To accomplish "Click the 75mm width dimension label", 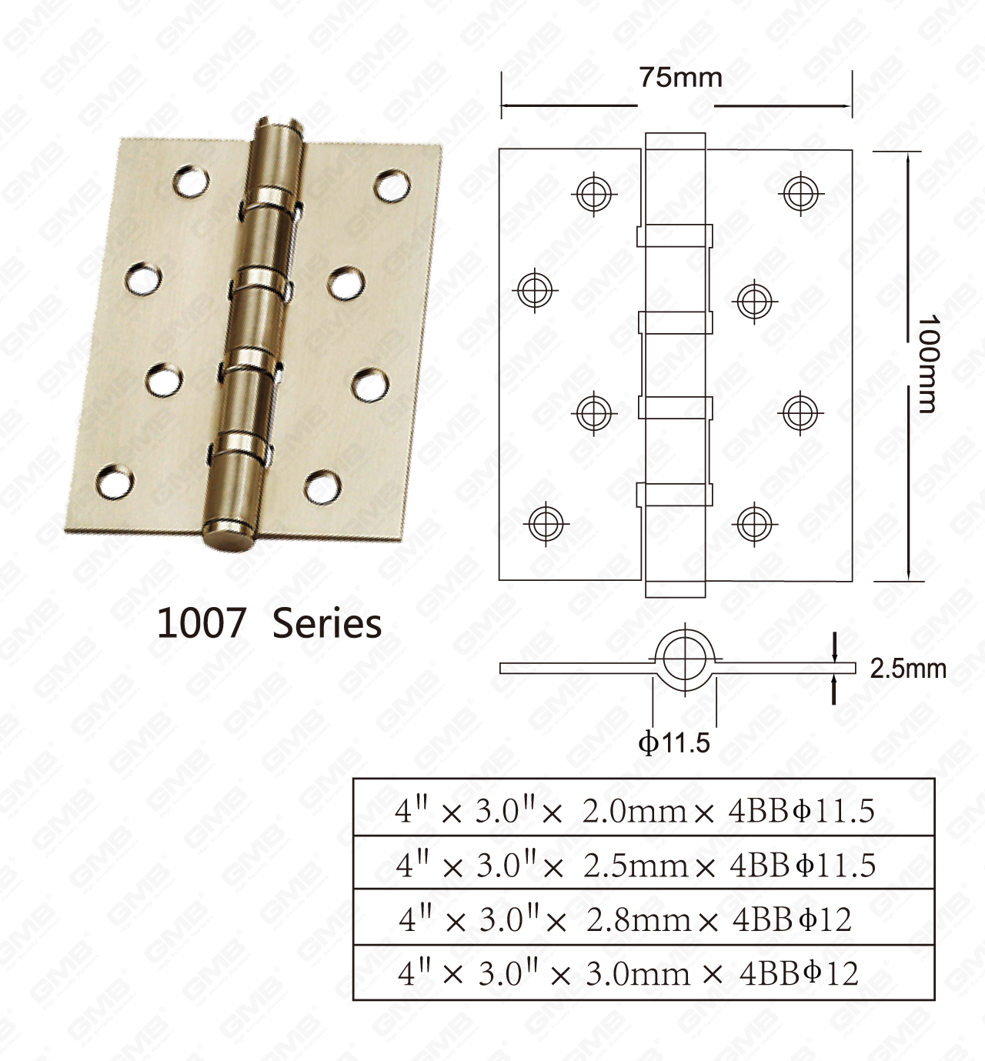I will tap(680, 78).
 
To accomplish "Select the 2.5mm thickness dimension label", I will tap(907, 669).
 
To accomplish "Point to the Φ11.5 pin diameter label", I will tap(674, 742).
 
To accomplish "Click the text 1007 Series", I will tap(269, 622).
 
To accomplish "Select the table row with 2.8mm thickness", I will tap(643, 919).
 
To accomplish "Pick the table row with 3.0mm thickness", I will tap(643, 973).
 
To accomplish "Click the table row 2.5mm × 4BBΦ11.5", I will tap(643, 865).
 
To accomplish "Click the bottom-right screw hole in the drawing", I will tap(754, 524).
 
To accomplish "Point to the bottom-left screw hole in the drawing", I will tap(546, 523).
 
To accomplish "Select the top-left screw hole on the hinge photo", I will tap(191, 181).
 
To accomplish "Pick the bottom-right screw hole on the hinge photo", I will tap(322, 486).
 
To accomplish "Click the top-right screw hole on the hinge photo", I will tap(392, 185).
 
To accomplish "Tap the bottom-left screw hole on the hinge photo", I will tap(115, 481).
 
